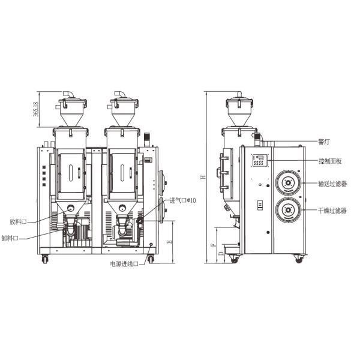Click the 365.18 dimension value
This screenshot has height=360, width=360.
(x=36, y=109)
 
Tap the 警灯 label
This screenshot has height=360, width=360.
(x=324, y=142)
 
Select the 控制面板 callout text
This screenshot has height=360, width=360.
(x=330, y=161)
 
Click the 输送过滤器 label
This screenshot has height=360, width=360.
(x=332, y=184)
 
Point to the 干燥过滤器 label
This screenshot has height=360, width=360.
(x=332, y=211)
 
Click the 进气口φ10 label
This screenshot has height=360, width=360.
(x=183, y=200)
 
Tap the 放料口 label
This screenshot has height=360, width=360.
(x=18, y=222)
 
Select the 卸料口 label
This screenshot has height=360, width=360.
(x=10, y=238)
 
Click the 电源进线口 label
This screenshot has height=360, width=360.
(x=124, y=264)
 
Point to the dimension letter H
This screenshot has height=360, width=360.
(x=203, y=177)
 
